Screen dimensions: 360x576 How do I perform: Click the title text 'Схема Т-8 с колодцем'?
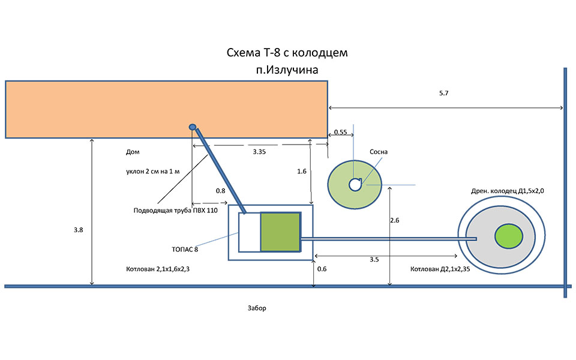(287, 53)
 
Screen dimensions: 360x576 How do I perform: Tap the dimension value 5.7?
(445, 93)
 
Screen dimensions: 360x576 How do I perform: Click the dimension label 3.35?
(259, 152)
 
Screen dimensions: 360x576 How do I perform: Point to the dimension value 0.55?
(340, 132)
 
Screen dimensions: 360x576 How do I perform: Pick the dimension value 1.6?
(302, 171)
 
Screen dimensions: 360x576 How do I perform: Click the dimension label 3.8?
(78, 230)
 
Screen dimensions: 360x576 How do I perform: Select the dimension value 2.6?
(394, 221)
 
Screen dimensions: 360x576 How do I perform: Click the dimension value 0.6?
(322, 269)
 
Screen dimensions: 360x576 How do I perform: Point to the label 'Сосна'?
(379, 152)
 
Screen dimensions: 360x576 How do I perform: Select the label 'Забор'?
(256, 308)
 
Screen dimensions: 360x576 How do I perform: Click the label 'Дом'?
(133, 152)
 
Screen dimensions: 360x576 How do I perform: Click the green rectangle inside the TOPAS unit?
(280, 232)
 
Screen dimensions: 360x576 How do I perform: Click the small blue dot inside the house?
(193, 127)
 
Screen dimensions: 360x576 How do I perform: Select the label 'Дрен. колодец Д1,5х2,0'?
(511, 190)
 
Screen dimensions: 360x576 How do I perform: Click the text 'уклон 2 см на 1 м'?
(153, 171)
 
